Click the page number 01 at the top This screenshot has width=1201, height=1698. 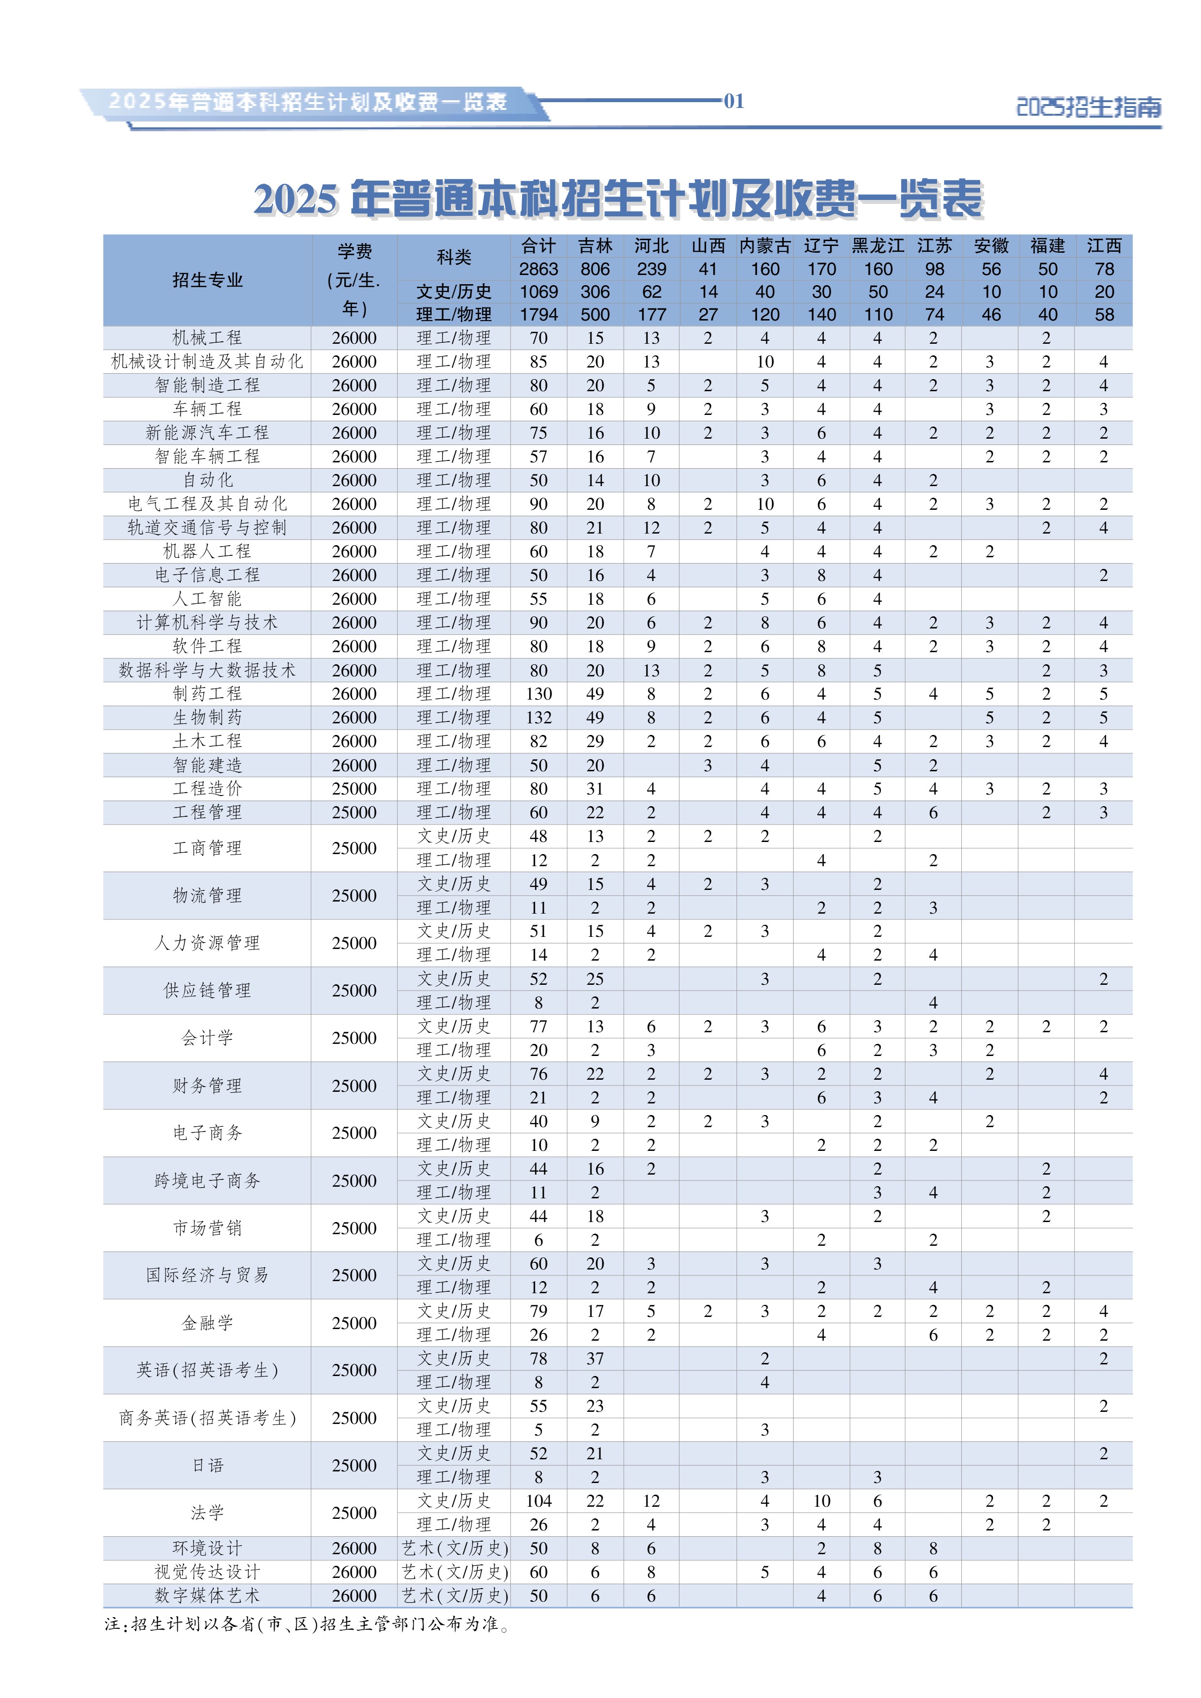point(734,101)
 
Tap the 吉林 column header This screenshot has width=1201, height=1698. point(595,245)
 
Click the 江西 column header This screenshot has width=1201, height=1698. point(1103,245)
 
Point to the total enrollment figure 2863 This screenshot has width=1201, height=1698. point(539,269)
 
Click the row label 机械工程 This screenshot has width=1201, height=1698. point(207,338)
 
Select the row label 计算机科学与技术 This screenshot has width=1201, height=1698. point(207,623)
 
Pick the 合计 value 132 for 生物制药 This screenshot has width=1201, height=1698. point(539,718)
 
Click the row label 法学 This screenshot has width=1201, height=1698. point(207,1513)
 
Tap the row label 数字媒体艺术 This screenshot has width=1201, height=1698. point(207,1595)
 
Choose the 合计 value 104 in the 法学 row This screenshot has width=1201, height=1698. point(539,1500)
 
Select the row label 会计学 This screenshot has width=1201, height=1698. point(207,1038)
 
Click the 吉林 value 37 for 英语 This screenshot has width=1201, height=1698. point(595,1359)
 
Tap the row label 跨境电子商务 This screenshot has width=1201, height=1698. point(207,1180)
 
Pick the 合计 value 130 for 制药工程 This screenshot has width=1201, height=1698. point(539,694)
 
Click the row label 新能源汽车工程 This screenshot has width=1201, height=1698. point(207,433)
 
